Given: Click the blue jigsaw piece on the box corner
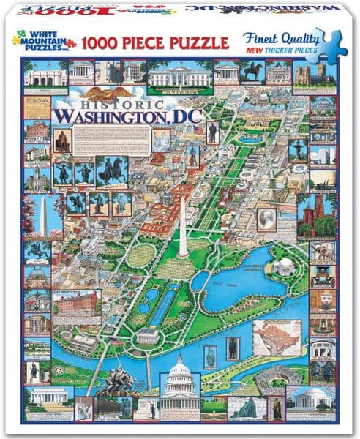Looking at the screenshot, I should click(332, 42).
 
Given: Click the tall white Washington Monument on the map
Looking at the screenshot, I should click(182, 227).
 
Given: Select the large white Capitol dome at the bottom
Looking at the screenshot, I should click(180, 384).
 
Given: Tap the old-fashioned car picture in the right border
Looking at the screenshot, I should click(321, 277).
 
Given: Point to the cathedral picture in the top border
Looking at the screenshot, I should click(303, 72).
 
